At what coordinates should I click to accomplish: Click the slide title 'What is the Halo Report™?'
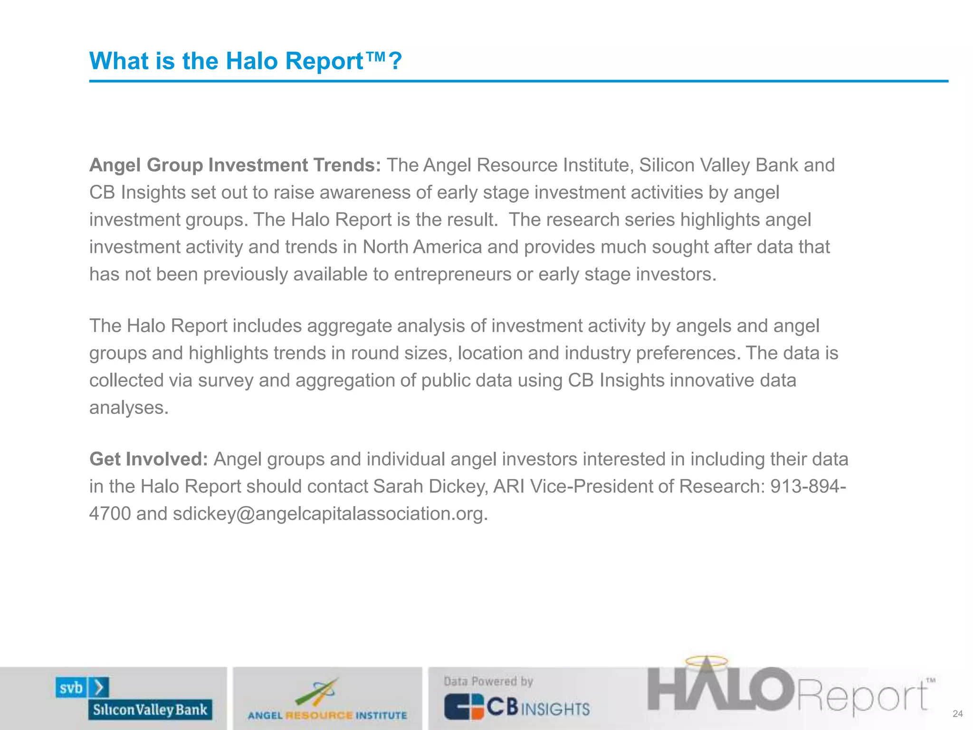pos(246,61)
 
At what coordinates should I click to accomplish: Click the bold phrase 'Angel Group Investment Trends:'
pos(235,165)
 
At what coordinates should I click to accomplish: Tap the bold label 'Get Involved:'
pos(149,459)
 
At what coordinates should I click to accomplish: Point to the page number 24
pos(958,714)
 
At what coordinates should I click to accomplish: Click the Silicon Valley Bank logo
pos(134,699)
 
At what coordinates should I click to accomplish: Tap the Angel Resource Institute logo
pos(327,700)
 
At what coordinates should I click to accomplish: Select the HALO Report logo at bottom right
pos(789,692)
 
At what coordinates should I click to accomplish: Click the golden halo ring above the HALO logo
pos(706,661)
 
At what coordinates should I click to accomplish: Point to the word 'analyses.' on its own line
pos(129,408)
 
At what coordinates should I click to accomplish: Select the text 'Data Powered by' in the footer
pos(488,682)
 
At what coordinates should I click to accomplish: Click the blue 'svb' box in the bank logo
pos(71,688)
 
